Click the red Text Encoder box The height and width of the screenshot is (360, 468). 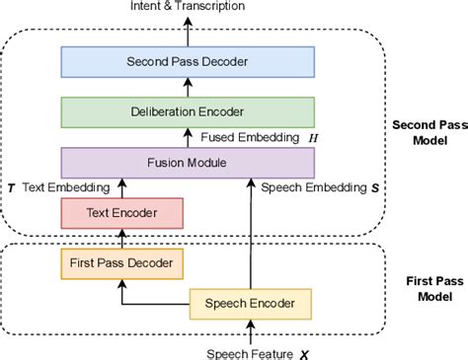point(122,211)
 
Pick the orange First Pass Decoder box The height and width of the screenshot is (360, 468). point(122,263)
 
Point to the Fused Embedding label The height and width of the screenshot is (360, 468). point(254,135)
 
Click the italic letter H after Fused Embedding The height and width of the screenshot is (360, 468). point(313,135)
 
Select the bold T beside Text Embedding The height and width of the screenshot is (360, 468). point(11,185)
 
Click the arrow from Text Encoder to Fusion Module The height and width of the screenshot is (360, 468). point(122,186)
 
